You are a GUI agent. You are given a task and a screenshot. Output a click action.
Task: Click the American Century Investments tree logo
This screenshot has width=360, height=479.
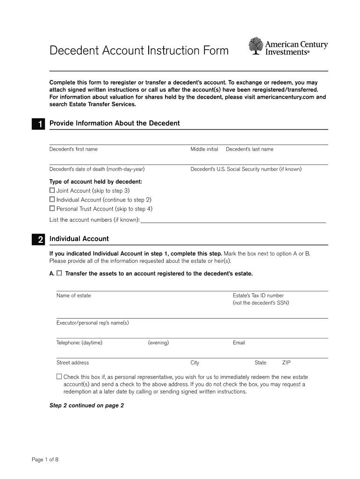(256, 47)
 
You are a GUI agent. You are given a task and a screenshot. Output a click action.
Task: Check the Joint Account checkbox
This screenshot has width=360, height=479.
(52, 190)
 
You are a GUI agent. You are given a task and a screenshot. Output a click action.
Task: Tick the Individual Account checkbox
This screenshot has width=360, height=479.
(52, 200)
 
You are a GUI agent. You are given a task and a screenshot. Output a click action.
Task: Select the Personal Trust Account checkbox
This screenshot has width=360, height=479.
(52, 209)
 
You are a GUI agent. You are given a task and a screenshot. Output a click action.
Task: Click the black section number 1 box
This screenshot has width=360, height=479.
(38, 124)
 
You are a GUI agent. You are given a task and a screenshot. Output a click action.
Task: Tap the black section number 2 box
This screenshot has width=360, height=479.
(38, 239)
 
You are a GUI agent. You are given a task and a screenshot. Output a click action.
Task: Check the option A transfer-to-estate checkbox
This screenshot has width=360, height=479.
(59, 273)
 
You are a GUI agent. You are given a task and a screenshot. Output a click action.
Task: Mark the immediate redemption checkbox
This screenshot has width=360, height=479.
(59, 377)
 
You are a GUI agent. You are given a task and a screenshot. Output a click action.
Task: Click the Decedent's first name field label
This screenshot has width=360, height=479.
(73, 149)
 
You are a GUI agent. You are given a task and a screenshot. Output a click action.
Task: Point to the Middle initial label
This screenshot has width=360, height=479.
(204, 149)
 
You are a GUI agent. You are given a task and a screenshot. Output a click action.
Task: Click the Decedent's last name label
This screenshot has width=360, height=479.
(249, 149)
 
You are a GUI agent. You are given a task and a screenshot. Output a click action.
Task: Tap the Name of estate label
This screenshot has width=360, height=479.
(73, 296)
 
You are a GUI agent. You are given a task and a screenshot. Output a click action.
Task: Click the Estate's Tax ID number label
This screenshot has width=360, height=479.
(258, 296)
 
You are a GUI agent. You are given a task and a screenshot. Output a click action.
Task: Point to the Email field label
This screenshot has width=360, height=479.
(238, 343)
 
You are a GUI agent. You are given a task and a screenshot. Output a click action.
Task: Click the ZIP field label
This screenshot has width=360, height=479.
(286, 363)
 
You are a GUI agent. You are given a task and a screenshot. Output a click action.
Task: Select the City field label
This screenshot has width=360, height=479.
(194, 363)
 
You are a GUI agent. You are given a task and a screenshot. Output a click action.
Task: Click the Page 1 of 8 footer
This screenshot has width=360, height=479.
(45, 459)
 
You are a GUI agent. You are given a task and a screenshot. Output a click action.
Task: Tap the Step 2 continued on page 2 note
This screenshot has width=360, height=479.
(86, 406)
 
